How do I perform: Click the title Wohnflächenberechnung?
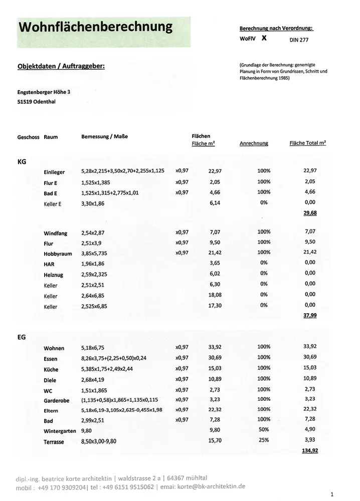[x=95, y=27]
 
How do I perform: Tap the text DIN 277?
[x=299, y=39]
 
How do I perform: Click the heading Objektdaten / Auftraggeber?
[x=61, y=66]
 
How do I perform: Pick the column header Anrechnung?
[x=254, y=143]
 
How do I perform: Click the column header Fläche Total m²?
[x=307, y=143]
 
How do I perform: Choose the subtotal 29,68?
[x=310, y=212]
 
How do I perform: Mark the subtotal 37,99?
[x=310, y=316]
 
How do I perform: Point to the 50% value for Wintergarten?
[x=264, y=429]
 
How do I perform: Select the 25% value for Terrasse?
[x=264, y=440]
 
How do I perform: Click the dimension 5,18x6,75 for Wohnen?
[x=96, y=346]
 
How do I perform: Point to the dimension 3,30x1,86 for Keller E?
[x=93, y=203]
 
